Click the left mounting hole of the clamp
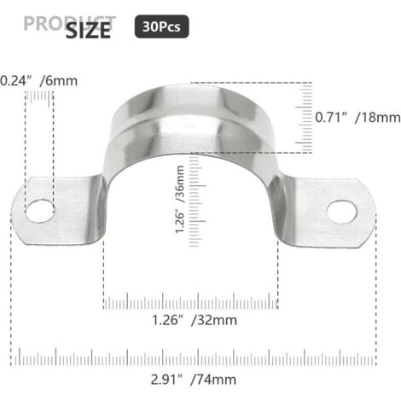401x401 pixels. [x=38, y=209]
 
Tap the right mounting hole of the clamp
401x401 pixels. [x=341, y=211]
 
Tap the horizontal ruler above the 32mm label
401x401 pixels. [x=190, y=301]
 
